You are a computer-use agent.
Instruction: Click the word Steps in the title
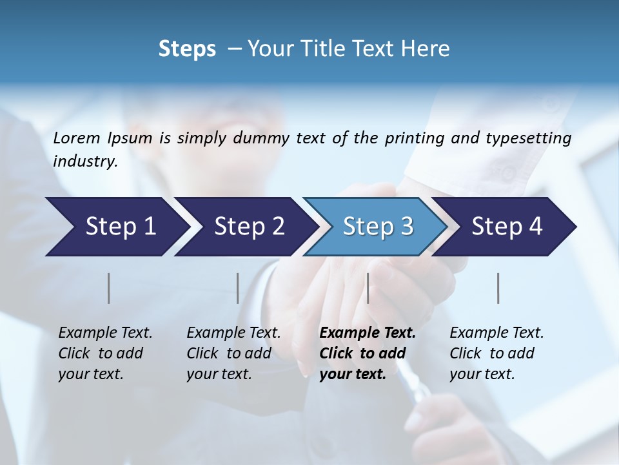[187, 49]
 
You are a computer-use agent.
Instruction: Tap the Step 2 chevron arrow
[245, 227]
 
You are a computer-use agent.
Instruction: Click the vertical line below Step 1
[109, 288]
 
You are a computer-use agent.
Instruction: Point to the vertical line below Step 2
[238, 288]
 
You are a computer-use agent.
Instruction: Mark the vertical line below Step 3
[368, 288]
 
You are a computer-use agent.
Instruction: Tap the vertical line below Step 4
[498, 288]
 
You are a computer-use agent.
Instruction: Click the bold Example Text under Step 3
[368, 333]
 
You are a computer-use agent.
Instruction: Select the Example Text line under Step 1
[105, 333]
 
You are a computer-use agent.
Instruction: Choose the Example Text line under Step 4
[496, 333]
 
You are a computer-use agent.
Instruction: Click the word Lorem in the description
[77, 138]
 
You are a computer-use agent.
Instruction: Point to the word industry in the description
[85, 161]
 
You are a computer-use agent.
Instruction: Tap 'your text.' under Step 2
[219, 374]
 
